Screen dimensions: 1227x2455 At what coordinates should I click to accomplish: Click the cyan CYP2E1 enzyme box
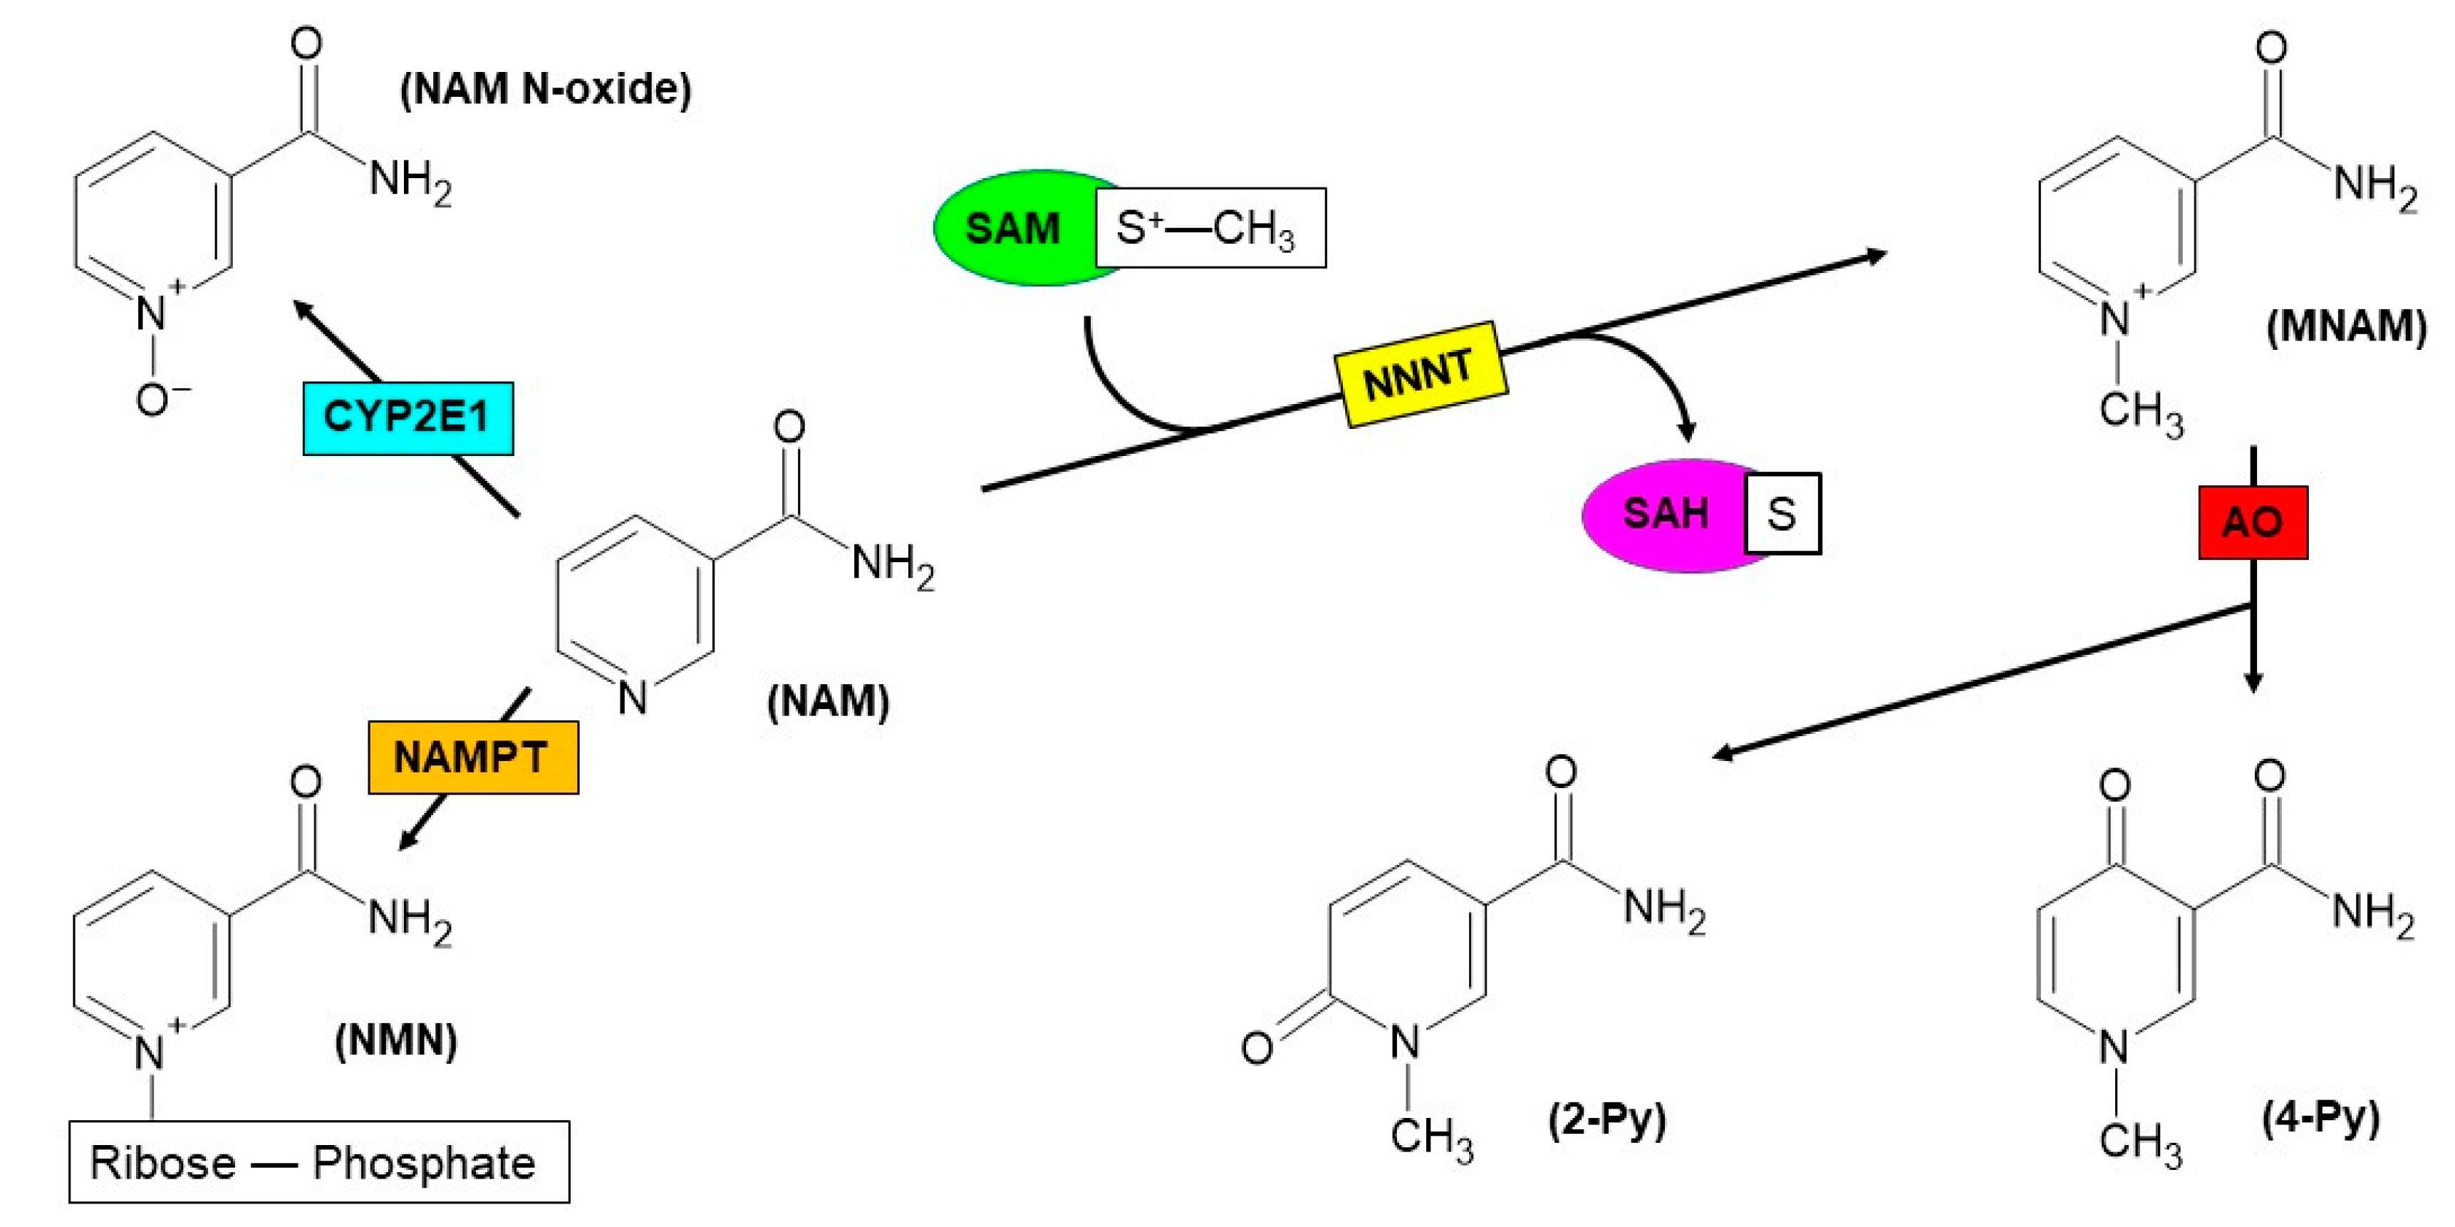pyautogui.click(x=408, y=418)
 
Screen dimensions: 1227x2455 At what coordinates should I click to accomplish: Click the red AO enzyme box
pyautogui.click(x=2253, y=522)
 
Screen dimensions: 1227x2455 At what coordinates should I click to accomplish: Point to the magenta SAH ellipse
pyautogui.click(x=1663, y=515)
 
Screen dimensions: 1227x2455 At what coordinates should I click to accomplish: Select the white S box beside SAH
pyautogui.click(x=1782, y=514)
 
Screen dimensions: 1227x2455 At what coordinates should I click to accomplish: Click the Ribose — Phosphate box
pyautogui.click(x=319, y=1162)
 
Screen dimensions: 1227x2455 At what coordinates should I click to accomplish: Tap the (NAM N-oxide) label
pyautogui.click(x=545, y=88)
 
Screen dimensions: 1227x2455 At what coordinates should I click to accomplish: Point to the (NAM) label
pyautogui.click(x=828, y=702)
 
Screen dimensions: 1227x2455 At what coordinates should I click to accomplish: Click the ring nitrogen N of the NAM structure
pyautogui.click(x=632, y=697)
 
